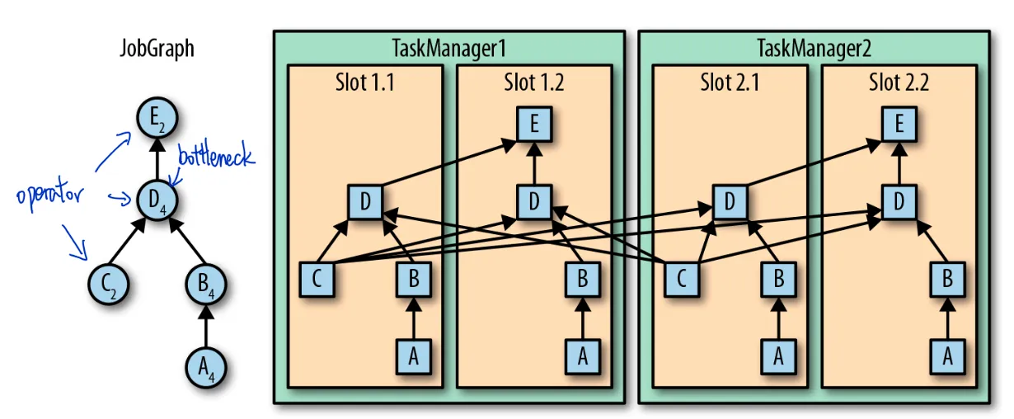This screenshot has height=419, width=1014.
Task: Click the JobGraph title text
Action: [x=157, y=49]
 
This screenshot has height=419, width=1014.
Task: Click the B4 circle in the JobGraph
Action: [x=205, y=283]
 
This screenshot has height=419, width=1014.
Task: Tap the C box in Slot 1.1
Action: [x=317, y=279]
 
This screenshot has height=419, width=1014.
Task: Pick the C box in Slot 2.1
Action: [x=682, y=279]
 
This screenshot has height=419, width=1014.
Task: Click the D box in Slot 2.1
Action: [x=730, y=201]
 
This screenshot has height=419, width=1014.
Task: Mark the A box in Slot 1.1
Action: [x=413, y=356]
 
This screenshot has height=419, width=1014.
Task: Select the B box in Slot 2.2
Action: [x=947, y=279]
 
